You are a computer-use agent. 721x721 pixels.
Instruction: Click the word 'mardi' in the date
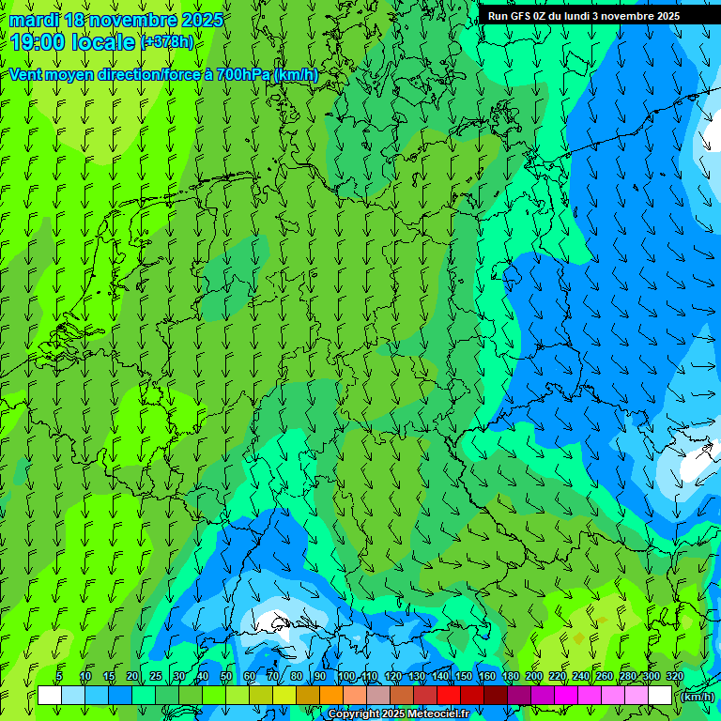click(34, 20)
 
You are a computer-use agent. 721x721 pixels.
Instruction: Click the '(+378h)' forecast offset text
click(167, 42)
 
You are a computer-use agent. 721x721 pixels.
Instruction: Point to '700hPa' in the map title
click(243, 74)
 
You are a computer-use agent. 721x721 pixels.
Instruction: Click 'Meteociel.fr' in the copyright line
click(438, 714)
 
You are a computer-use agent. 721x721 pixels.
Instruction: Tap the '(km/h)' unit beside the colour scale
click(696, 697)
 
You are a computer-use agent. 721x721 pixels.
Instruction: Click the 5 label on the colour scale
click(59, 677)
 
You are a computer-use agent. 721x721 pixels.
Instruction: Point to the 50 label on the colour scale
click(226, 677)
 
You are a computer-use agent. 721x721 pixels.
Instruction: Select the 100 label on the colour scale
click(346, 677)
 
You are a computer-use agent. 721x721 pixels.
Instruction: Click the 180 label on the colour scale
click(510, 677)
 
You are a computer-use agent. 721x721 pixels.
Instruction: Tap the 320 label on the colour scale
click(674, 677)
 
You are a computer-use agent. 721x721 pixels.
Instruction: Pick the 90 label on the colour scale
click(320, 677)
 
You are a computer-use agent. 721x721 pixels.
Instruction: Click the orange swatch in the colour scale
click(330, 696)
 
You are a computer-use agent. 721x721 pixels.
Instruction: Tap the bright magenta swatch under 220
click(566, 696)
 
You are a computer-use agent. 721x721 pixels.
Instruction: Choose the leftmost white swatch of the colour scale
click(50, 696)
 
